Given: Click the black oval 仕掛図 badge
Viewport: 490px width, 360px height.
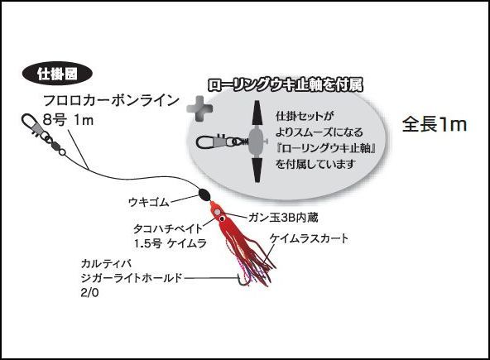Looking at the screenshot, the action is tap(57, 74).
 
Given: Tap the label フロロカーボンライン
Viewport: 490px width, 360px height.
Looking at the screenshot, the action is tap(111, 101).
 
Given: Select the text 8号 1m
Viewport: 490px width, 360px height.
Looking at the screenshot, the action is tap(68, 120).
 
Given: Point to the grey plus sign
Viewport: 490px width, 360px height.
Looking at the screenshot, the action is tap(199, 108).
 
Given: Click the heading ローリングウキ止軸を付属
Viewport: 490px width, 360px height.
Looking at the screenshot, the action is tap(286, 84).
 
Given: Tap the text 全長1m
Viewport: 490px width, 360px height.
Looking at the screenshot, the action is tap(435, 124).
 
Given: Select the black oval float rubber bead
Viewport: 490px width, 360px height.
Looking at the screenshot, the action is tap(204, 195).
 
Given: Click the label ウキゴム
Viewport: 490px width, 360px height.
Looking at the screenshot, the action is tap(149, 202).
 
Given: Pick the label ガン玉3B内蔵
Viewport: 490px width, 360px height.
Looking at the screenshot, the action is tap(283, 218).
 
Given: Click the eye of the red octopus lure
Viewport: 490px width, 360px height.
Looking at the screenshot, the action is tap(222, 218).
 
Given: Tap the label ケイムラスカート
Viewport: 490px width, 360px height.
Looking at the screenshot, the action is tap(309, 238).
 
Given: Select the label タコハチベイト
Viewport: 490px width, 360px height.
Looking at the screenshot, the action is tap(168, 228).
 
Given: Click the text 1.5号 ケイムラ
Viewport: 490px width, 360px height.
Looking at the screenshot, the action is tap(171, 243).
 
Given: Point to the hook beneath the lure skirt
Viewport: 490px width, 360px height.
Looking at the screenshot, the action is tap(243, 279).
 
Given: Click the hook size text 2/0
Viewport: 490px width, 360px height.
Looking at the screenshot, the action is tap(89, 293).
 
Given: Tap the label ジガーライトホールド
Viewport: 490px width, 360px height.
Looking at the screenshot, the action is tap(132, 278).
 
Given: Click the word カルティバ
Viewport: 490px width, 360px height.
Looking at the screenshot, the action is tap(106, 264).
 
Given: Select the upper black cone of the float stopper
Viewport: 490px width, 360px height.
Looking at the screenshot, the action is tap(257, 113).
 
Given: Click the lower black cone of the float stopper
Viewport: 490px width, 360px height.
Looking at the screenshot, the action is tap(257, 170).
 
